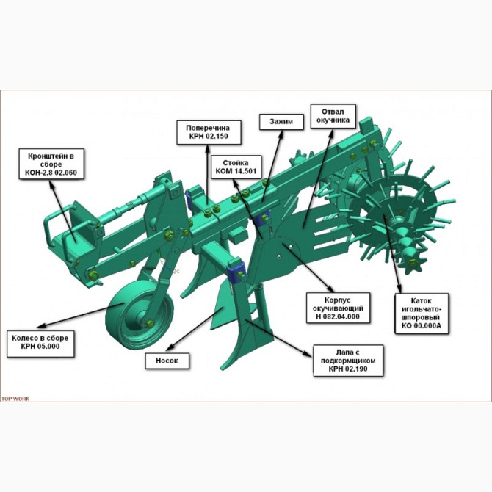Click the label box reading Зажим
pos(281,122)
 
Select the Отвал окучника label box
pos(333,116)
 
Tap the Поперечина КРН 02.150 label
pos(209,132)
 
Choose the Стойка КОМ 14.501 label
pos(236,167)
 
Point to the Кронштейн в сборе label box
pos(51,164)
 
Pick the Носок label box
pos(167,361)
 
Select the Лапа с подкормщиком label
pos(348,361)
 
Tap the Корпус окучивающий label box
pos(338,308)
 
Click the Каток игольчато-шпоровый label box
pos(422,314)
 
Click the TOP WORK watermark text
pos(15,399)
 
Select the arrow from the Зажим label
pos(272,166)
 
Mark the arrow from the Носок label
pos(195,329)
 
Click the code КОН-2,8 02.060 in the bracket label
pos(51,173)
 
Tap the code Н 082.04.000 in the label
pos(338,316)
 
